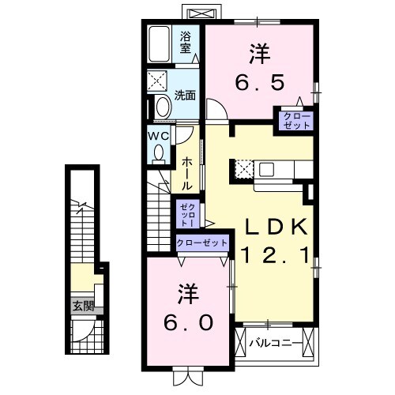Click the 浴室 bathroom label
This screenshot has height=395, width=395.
coord(186,41)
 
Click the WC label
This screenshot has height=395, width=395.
coord(158,136)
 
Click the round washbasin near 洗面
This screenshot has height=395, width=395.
coord(162,107)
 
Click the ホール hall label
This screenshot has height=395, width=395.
coord(186,172)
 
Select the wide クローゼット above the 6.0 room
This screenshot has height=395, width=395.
coord(202,243)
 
